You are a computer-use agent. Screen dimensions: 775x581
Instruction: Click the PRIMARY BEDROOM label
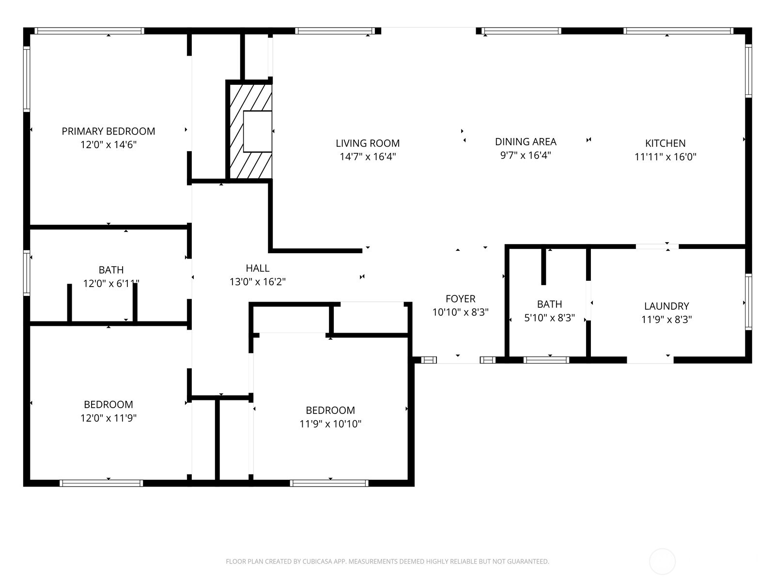108,131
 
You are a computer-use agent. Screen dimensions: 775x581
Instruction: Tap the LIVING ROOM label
368,143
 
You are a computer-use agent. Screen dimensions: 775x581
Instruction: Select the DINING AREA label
526,142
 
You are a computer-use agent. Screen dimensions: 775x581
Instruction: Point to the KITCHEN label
665,143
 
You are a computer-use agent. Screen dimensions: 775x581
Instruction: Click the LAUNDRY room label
666,306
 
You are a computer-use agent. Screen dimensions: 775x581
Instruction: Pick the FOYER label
461,299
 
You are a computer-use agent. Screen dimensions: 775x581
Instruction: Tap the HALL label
257,268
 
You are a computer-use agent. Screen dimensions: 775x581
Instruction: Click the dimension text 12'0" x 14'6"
108,145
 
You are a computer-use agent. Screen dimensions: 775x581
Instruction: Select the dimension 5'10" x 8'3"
549,318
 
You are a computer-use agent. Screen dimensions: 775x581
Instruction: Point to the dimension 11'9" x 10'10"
330,424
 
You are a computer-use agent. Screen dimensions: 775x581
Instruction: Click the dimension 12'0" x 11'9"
108,418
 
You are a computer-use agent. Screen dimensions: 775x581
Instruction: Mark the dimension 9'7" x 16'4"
526,155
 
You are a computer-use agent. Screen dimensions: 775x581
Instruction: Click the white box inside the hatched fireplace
257,132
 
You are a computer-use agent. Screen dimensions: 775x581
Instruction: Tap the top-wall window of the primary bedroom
89,31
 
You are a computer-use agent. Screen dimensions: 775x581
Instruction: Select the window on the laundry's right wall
748,302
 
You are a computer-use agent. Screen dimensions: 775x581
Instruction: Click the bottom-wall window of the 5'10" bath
546,360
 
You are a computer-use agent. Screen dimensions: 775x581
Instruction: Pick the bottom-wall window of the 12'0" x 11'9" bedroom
101,483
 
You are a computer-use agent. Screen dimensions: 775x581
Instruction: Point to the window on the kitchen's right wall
748,71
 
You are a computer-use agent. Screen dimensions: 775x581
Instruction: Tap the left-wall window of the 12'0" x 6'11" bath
27,273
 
